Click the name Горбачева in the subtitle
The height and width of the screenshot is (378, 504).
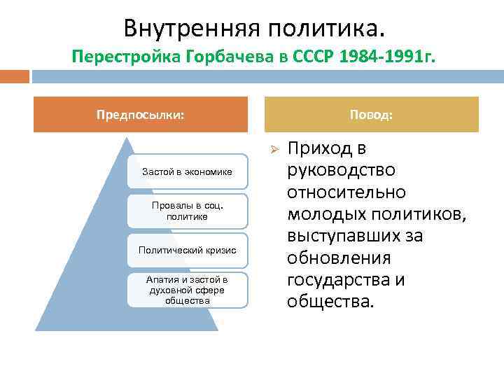point(218,59)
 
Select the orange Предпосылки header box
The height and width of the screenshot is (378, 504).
point(141,114)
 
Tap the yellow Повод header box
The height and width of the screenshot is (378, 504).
point(371,114)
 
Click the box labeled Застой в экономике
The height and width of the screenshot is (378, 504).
point(187,171)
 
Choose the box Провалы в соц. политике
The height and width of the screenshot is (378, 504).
point(187,211)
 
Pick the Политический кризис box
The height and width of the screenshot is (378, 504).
point(187,251)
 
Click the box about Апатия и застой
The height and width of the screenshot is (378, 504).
point(187,290)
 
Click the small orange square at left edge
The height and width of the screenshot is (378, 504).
point(13,76)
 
